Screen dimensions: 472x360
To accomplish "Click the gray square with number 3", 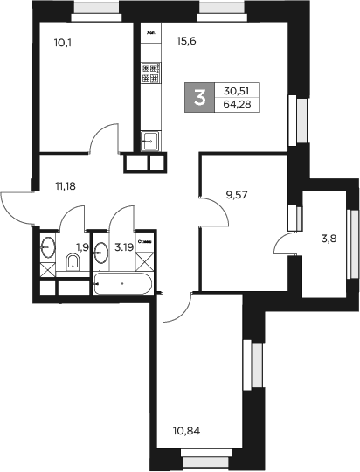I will click(199, 96).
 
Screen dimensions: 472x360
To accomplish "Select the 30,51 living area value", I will click(235, 89).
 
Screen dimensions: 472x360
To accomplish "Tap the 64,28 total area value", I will click(235, 105).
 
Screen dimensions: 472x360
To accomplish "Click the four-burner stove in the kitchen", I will click(149, 73).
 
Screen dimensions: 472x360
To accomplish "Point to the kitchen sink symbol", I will click(149, 138).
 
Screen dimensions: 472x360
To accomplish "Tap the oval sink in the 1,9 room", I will click(46, 249).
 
